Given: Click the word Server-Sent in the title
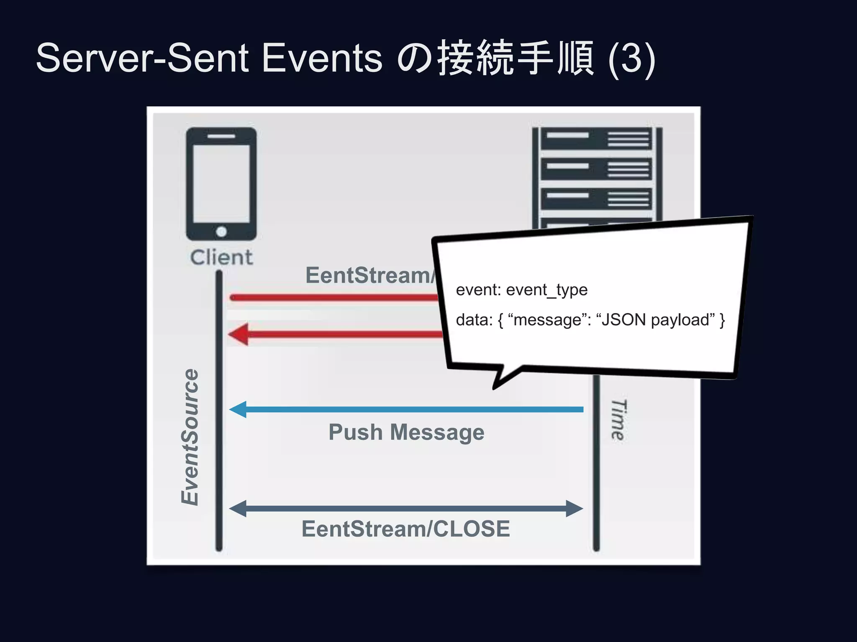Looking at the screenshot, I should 143,58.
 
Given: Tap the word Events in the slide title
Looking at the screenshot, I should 322,58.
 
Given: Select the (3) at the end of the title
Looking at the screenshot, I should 632,59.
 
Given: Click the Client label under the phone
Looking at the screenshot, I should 221,257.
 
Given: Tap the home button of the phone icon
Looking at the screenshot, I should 221,231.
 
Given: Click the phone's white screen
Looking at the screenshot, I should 221,184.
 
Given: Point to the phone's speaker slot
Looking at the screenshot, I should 221,136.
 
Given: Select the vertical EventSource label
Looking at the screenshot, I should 190,437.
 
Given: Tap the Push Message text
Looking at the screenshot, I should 406,432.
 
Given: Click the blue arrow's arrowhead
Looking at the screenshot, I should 238,409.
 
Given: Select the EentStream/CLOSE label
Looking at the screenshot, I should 405,529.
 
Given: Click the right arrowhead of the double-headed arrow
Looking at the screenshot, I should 574,509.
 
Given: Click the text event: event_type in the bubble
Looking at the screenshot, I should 521,290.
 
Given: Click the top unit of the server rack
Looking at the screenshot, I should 596,139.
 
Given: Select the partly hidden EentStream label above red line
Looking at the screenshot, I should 368,275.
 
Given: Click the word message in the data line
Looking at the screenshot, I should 547,320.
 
